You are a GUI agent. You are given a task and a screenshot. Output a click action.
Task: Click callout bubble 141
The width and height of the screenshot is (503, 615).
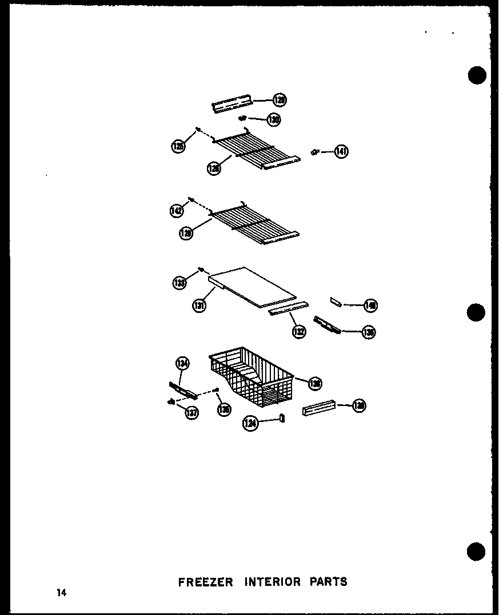pos(341,151)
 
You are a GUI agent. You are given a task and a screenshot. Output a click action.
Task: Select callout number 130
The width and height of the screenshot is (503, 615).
pos(274,120)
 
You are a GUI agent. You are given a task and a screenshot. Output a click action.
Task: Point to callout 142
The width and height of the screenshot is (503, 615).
pos(177,210)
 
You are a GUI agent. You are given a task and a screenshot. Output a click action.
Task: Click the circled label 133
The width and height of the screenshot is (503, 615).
pos(180,282)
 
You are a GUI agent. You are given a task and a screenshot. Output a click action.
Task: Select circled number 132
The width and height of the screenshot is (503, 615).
pos(299,331)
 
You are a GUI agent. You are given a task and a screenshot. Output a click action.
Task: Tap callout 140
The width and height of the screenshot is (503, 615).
pos(370,306)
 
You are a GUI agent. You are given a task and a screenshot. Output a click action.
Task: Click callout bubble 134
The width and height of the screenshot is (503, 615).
pos(182,363)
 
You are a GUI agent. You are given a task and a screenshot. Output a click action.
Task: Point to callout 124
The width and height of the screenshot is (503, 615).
pos(250,423)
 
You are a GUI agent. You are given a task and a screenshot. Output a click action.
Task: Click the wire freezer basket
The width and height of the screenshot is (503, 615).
pos(251,377)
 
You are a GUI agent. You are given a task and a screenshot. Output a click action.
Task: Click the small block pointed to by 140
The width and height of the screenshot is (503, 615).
pos(336,302)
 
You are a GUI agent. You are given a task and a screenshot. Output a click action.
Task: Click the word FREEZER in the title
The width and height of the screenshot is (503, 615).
pos(206,582)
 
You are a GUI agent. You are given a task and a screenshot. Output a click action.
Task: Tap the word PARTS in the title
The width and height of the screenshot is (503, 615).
pos(329,582)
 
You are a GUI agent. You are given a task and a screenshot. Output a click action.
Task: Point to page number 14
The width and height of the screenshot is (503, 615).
pos(61,593)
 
